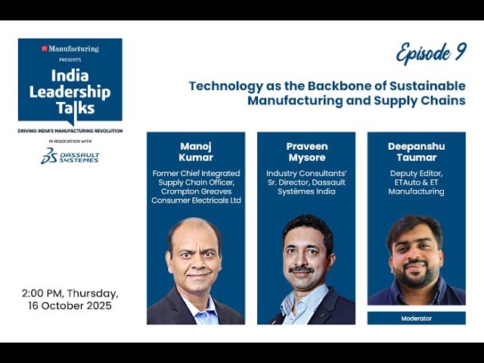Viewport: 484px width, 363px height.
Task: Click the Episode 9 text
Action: [x=431, y=53]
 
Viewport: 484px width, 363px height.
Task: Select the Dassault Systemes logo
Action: [x=70, y=156]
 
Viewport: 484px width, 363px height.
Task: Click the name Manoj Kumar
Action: [x=195, y=152]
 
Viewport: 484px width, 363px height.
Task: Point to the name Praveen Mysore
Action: [x=306, y=152]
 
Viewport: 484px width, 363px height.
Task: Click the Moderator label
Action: [x=416, y=318]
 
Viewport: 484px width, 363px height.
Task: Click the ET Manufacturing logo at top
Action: [x=70, y=49]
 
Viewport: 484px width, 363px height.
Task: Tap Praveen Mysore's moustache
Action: [x=302, y=269]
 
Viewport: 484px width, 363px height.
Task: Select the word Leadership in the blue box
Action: [x=70, y=92]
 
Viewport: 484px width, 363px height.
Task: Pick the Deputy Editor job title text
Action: [x=416, y=172]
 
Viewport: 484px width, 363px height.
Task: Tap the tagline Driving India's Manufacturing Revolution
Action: [x=70, y=131]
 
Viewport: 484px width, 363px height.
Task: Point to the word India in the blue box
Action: [x=70, y=76]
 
